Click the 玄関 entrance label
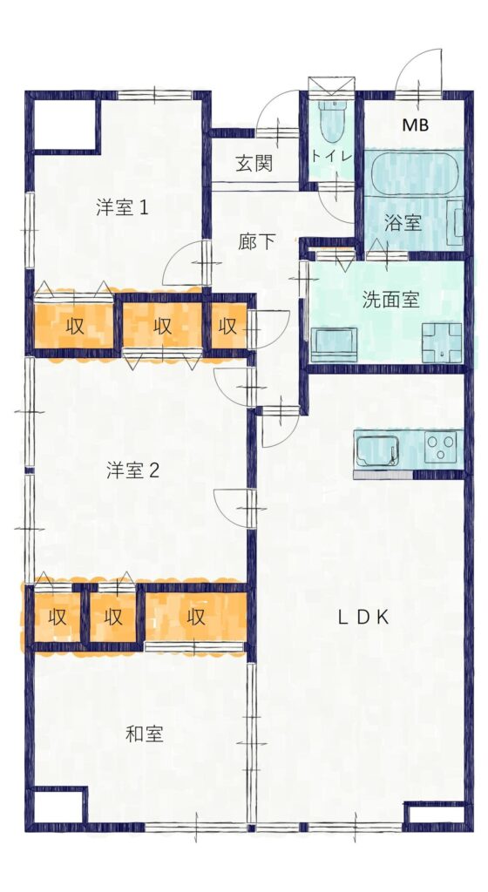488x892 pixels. pyautogui.click(x=255, y=163)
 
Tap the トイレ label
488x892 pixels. pyautogui.click(x=332, y=157)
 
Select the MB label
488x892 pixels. pyautogui.click(x=415, y=125)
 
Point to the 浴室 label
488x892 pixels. pyautogui.click(x=403, y=222)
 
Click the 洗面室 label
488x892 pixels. pyautogui.click(x=390, y=301)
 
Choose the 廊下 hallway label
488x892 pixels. pyautogui.click(x=257, y=242)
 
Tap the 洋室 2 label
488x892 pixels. pyautogui.click(x=132, y=470)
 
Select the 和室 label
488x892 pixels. pyautogui.click(x=144, y=733)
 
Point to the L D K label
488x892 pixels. pyautogui.click(x=363, y=617)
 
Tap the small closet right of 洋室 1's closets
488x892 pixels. pyautogui.click(x=228, y=327)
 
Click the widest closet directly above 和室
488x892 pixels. pyautogui.click(x=196, y=617)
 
